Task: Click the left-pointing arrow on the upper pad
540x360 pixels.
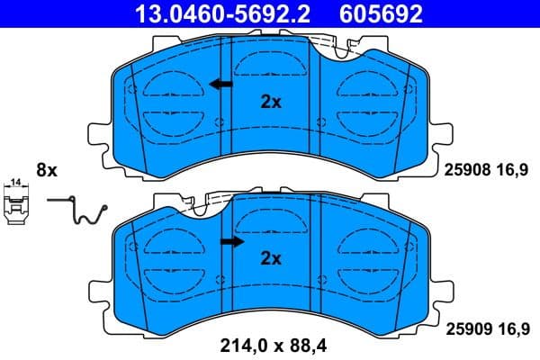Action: [219, 85]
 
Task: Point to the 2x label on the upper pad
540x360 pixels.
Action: [270, 103]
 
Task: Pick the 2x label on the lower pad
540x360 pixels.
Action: [270, 259]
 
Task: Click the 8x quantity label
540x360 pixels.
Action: [46, 169]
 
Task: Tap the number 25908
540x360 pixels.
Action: [465, 168]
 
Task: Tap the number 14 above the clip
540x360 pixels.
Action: [14, 184]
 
